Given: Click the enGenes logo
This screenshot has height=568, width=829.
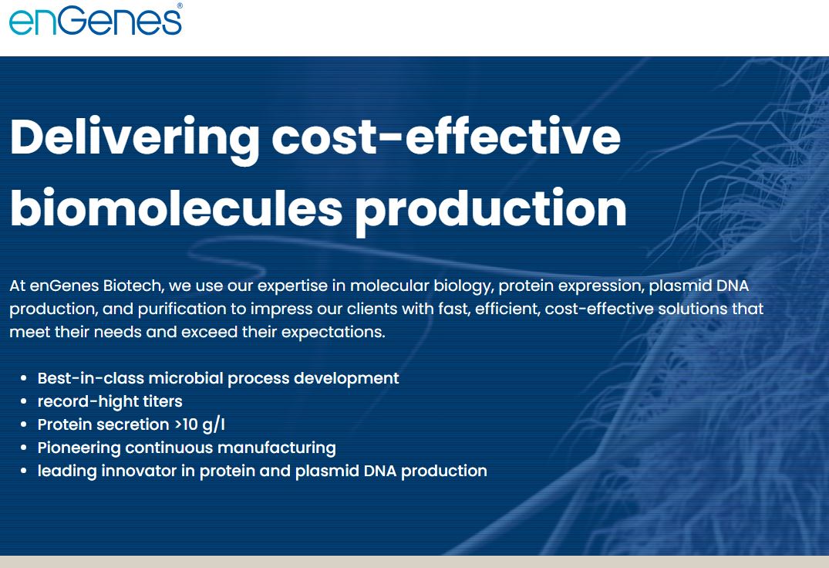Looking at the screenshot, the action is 96,19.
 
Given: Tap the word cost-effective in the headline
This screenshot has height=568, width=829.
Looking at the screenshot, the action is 447,136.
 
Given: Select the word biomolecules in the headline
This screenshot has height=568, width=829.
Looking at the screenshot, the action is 177,207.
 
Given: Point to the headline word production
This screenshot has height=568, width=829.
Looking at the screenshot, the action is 490,211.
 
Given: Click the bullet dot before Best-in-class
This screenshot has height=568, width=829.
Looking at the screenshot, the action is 23,379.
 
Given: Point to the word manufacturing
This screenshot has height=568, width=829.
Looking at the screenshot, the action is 277,448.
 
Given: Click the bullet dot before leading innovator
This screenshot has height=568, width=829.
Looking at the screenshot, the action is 23,472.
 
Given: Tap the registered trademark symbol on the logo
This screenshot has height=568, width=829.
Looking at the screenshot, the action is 180,6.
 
